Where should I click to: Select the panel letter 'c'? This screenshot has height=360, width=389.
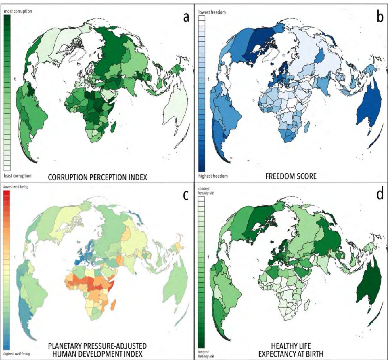click(x=186, y=195)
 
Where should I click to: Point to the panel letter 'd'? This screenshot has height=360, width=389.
click(x=380, y=195)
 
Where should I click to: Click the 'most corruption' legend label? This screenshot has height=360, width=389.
click(x=18, y=11)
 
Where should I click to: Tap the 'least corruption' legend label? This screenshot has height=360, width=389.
click(x=18, y=175)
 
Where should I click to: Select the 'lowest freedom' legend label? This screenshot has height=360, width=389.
click(x=212, y=12)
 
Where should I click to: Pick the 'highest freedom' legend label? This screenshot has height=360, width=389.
click(x=213, y=176)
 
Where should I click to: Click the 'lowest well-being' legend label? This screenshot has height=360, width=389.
click(x=16, y=187)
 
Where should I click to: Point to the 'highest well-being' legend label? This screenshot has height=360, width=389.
click(x=17, y=353)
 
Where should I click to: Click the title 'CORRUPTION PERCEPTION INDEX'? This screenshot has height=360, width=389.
click(x=97, y=177)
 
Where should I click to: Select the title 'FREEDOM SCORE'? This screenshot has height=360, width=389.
click(x=291, y=176)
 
